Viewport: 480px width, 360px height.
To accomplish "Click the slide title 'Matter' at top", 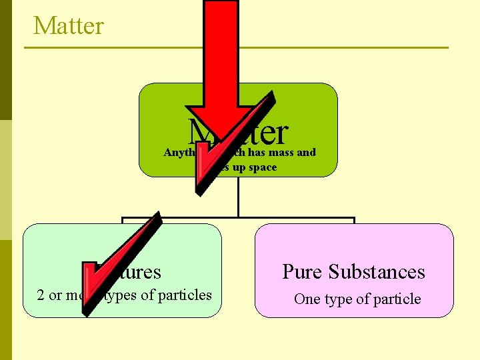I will [69, 26].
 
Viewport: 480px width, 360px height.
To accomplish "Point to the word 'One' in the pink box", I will [307, 299].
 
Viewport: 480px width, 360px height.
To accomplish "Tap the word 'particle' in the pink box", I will [397, 299].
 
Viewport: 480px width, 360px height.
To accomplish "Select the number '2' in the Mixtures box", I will [41, 295].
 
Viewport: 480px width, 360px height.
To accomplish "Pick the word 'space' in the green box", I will [263, 167].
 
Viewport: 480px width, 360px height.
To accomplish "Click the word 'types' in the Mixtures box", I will [125, 295].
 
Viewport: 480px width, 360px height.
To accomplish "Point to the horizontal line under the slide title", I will [237, 47].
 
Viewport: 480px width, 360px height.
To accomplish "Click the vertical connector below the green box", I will [238, 197].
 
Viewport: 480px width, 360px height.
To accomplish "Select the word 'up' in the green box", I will [240, 167].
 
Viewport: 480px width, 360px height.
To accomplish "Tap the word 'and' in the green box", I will [306, 153].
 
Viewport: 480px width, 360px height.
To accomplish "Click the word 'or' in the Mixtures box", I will [57, 295].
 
